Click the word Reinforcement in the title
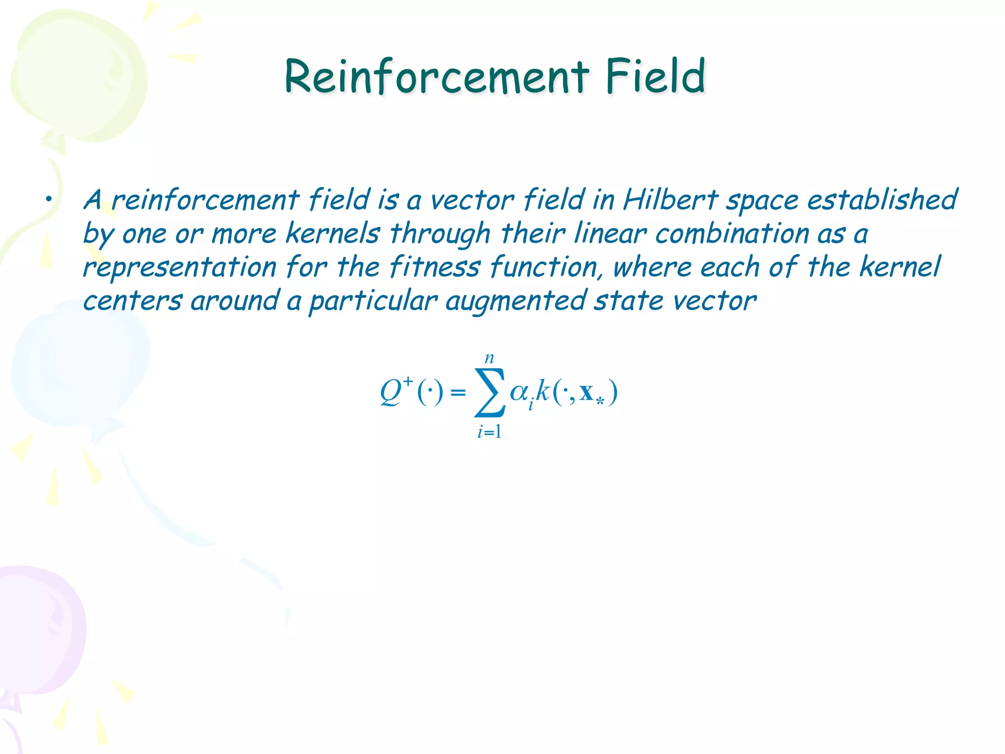pyautogui.click(x=436, y=77)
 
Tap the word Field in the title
pyautogui.click(x=655, y=77)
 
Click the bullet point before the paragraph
pyautogui.click(x=48, y=200)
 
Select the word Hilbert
pyautogui.click(x=671, y=200)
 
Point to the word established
pyautogui.click(x=882, y=200)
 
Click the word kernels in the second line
pyautogui.click(x=333, y=233)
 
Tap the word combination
pyautogui.click(x=732, y=233)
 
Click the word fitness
pyautogui.click(x=435, y=268)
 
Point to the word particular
pyautogui.click(x=373, y=301)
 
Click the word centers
pyautogui.click(x=132, y=301)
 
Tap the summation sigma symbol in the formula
pyautogui.click(x=489, y=393)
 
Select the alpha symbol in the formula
pyautogui.click(x=519, y=392)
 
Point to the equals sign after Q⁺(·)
pyautogui.click(x=458, y=393)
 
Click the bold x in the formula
pyautogui.click(x=586, y=393)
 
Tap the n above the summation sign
pyautogui.click(x=489, y=358)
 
